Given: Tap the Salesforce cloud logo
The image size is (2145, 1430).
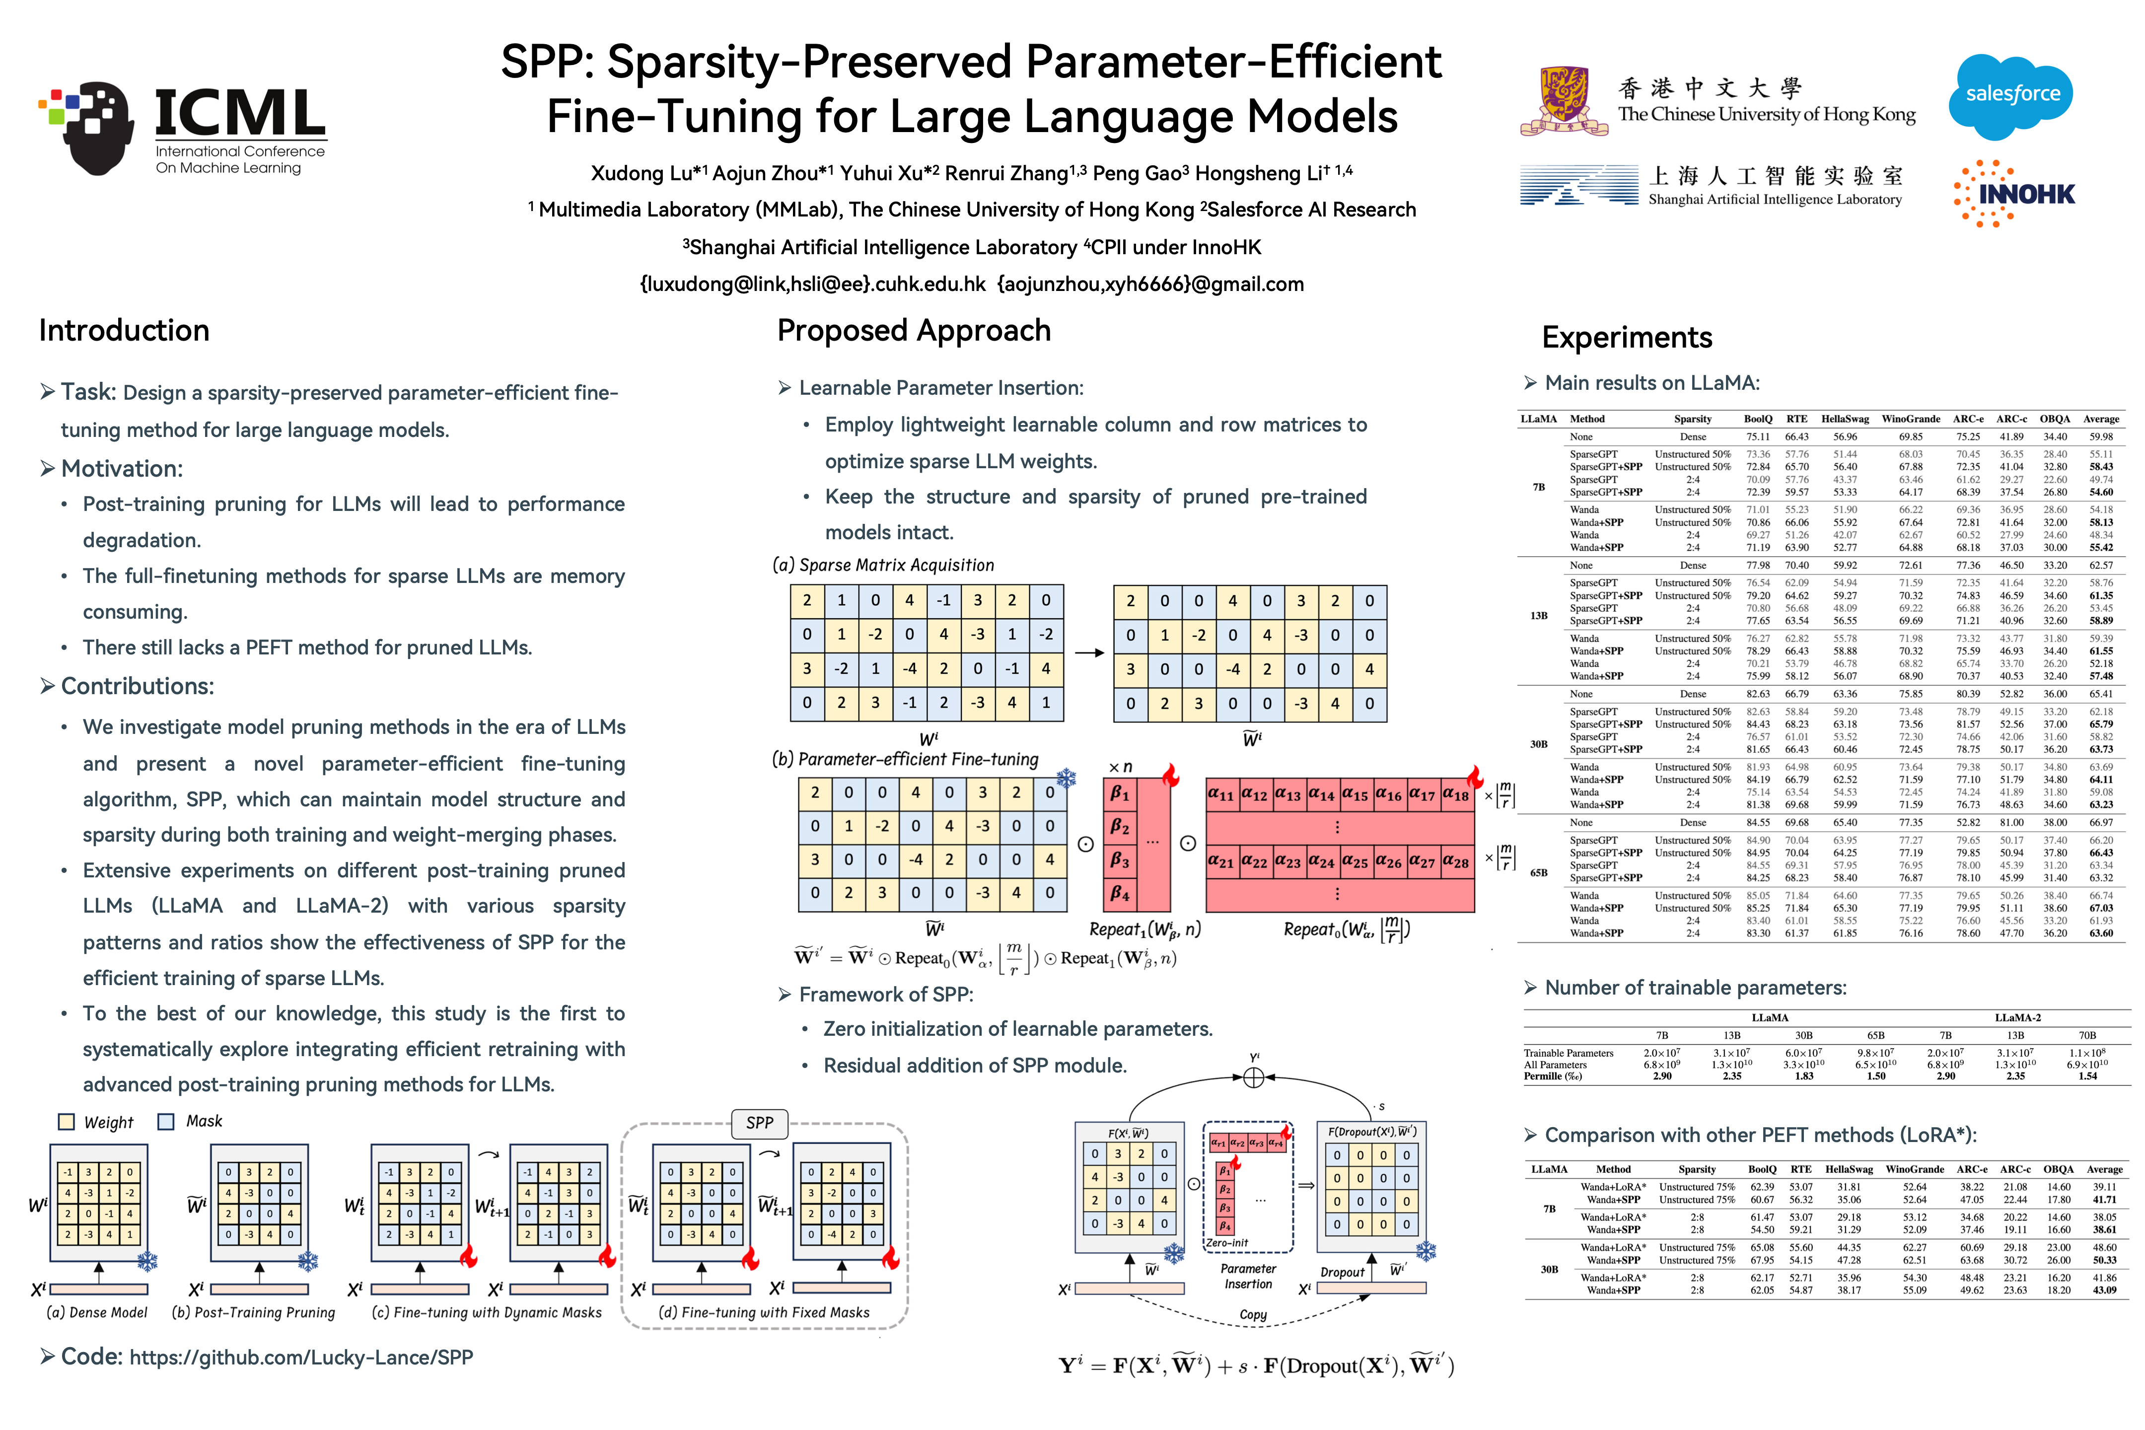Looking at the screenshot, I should tap(2012, 96).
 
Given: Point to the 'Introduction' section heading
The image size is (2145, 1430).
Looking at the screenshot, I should tap(124, 330).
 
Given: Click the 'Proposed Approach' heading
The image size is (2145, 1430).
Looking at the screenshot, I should tap(914, 330).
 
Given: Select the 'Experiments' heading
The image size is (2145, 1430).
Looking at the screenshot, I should tap(1627, 338).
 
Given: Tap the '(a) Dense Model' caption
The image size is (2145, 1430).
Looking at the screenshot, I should tap(97, 1312).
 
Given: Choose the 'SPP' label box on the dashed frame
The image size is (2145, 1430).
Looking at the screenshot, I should tap(760, 1123).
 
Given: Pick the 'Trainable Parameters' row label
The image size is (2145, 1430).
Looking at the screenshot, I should tap(1569, 1053).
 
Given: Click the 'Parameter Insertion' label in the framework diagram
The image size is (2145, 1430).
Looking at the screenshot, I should tap(1248, 1276).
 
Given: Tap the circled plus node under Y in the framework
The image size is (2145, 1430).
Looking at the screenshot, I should tap(1254, 1078).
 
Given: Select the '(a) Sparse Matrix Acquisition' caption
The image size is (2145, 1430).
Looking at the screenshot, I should tap(883, 566).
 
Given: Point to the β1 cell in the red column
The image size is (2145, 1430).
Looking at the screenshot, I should tap(1120, 793).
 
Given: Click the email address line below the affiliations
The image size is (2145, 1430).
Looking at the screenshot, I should tap(971, 285).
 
